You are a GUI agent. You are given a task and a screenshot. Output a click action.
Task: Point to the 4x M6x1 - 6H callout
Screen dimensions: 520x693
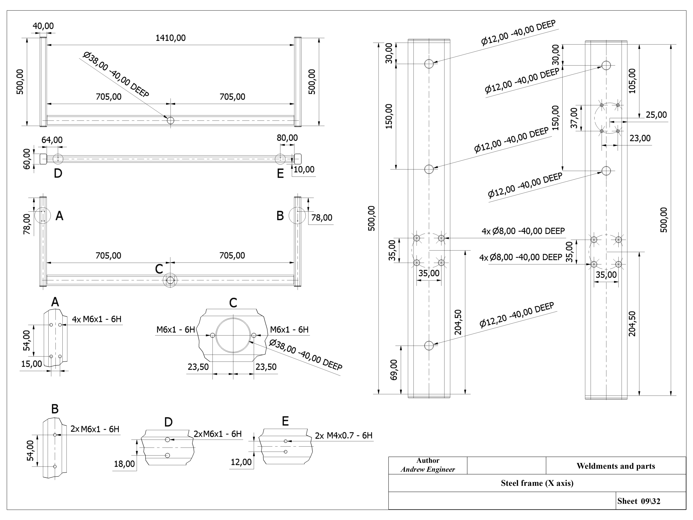pyautogui.click(x=96, y=319)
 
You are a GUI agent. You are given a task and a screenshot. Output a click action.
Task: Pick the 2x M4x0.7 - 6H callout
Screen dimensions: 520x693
pyautogui.click(x=344, y=435)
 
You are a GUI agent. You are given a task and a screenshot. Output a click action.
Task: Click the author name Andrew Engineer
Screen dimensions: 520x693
pyautogui.click(x=428, y=469)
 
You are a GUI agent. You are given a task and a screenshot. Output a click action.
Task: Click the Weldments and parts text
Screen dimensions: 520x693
pyautogui.click(x=616, y=466)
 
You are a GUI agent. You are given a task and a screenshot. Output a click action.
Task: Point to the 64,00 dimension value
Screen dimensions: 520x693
pyautogui.click(x=52, y=140)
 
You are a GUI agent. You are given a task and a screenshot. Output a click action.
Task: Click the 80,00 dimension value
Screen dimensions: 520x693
pyautogui.click(x=287, y=138)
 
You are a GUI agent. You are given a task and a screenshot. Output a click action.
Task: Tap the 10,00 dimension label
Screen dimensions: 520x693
pyautogui.click(x=304, y=170)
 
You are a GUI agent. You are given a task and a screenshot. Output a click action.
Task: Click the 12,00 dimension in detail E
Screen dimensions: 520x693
pyautogui.click(x=241, y=462)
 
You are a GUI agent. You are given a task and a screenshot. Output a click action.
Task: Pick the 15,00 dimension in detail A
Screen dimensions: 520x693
pyautogui.click(x=31, y=364)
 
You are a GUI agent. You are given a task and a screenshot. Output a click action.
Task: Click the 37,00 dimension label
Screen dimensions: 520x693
pyautogui.click(x=574, y=118)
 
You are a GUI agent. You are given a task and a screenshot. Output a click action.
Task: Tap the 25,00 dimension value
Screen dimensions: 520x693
pyautogui.click(x=656, y=115)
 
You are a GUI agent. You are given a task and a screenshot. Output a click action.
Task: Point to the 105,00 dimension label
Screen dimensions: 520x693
pyautogui.click(x=632, y=81)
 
